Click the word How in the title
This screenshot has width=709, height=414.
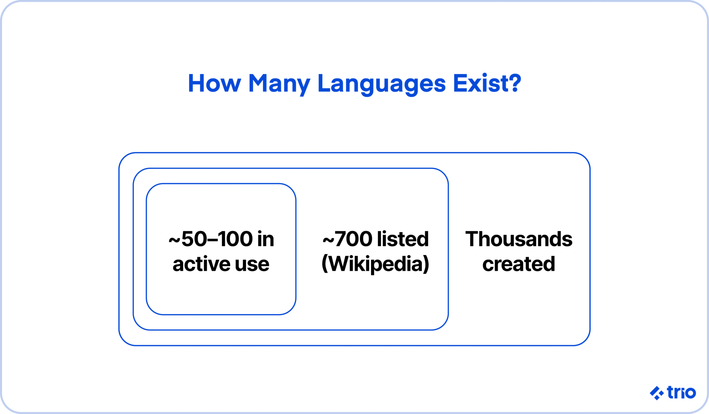214,83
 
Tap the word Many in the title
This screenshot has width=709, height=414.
279,84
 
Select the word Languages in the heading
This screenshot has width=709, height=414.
382,84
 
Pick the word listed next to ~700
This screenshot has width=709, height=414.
403,239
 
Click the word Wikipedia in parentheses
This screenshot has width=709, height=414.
376,264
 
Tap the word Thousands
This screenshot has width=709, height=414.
519,239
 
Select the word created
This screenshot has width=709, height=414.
519,264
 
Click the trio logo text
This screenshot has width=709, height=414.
681,393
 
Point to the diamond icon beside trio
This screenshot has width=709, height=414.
656,393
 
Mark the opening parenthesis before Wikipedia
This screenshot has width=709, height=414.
324,264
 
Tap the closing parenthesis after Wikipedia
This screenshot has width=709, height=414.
426,264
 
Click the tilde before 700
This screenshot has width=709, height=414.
328,240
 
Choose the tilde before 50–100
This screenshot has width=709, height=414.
174,240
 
